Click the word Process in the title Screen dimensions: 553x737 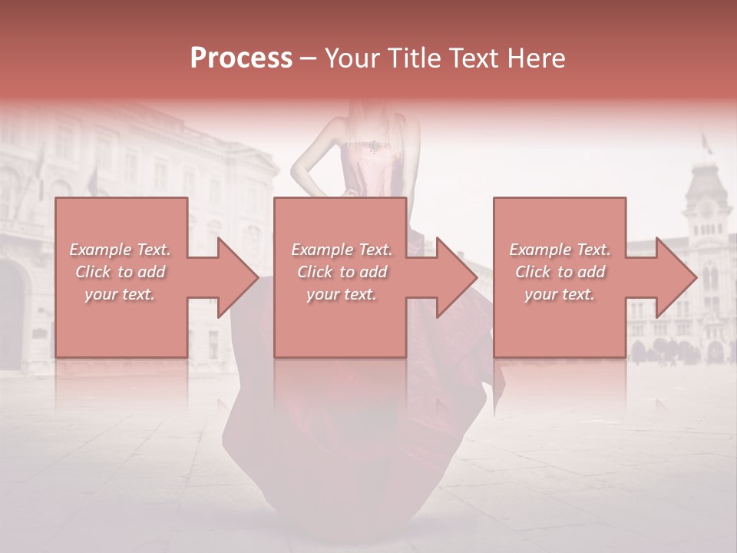click(x=241, y=58)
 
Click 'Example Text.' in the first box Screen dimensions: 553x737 click(x=121, y=250)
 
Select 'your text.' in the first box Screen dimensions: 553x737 click(x=121, y=294)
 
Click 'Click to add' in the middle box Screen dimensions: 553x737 click(x=342, y=272)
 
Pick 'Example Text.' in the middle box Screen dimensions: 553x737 click(x=342, y=250)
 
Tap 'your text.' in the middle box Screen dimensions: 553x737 click(x=342, y=294)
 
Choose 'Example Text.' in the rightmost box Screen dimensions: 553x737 click(x=560, y=250)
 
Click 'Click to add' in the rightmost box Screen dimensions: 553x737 click(x=560, y=272)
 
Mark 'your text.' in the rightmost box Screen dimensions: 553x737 click(x=560, y=294)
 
